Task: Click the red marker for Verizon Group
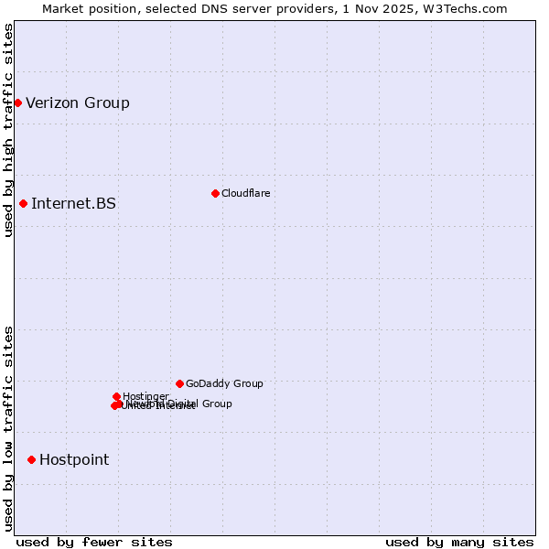[17, 102]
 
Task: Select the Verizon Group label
[78, 102]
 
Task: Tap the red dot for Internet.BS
[23, 203]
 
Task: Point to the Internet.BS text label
[73, 203]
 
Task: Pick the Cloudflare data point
[215, 193]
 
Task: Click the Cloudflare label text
[245, 193]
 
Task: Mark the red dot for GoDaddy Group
[179, 383]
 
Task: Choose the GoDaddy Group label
[224, 383]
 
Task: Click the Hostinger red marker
[116, 396]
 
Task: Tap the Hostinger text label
[145, 395]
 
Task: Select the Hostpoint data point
[31, 459]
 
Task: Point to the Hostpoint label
[74, 459]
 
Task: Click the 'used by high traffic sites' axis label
[8, 130]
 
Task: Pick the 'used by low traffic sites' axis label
[8, 428]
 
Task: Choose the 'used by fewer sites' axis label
[94, 542]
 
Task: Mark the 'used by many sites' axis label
[459, 542]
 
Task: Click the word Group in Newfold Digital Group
[217, 404]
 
